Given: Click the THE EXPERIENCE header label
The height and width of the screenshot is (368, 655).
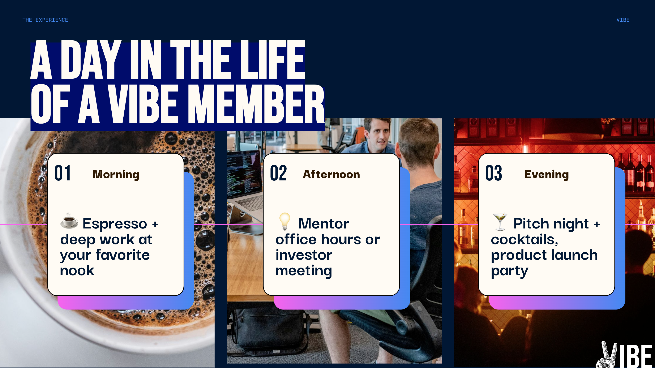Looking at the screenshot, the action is coord(45,20).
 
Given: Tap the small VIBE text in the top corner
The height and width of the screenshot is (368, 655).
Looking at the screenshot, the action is coord(623,20).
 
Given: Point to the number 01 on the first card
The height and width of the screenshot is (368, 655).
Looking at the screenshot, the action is coord(63,173).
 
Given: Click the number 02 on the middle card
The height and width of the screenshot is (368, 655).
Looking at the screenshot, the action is coord(278,173).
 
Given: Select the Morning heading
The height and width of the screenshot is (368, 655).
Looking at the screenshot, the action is coord(116,175).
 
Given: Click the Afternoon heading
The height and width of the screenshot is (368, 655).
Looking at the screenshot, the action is coord(331,175).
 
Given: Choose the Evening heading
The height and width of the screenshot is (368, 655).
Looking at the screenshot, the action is coord(547,175).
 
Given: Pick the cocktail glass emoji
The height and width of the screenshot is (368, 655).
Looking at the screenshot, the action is coord(500,222).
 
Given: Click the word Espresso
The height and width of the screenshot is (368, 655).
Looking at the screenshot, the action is coord(115,224).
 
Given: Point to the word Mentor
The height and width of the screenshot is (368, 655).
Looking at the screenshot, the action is coord(324,224).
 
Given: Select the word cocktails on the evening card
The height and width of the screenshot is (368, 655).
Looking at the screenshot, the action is coord(525,240).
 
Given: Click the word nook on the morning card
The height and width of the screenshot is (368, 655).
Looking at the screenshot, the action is coord(77,271).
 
